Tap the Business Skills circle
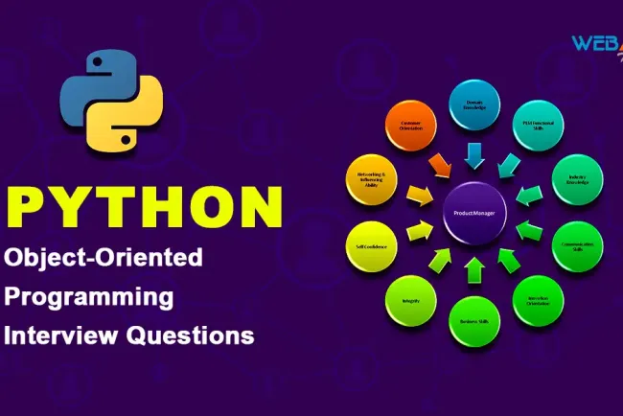pos(473,319)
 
